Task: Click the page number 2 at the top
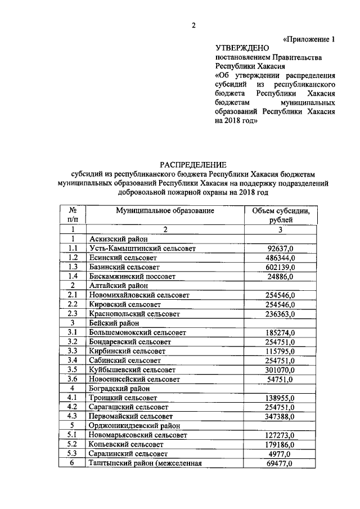(193, 25)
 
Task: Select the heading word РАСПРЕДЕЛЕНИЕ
(193, 165)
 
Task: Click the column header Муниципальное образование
(165, 210)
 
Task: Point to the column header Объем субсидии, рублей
(281, 215)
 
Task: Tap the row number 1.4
(72, 276)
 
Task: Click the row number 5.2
(72, 445)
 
